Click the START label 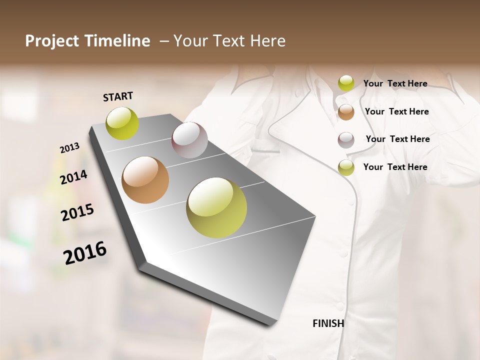(x=118, y=96)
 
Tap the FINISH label (x=328, y=323)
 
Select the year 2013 (x=69, y=148)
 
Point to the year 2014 (x=73, y=177)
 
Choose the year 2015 (x=77, y=212)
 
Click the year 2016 (x=85, y=253)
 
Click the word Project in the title (x=52, y=41)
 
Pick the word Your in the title (x=190, y=41)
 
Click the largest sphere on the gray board (x=216, y=207)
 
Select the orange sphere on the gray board (x=145, y=180)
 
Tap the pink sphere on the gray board (x=189, y=140)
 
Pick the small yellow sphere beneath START (x=122, y=123)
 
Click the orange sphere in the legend (x=346, y=112)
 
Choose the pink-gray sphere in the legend (x=346, y=140)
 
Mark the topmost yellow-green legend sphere (x=346, y=83)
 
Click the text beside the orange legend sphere (x=396, y=111)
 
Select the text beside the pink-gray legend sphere (x=397, y=139)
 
